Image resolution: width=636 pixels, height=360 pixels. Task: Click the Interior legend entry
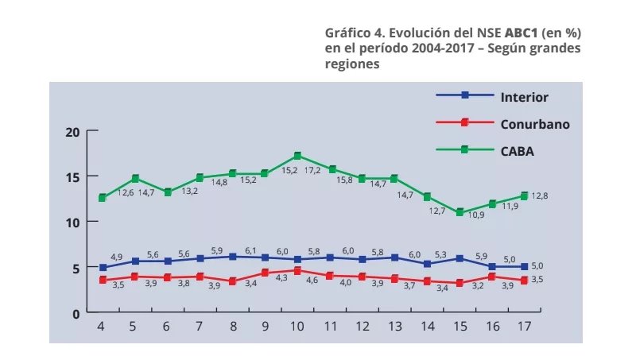click(524, 97)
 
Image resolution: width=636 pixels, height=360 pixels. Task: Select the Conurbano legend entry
click(535, 123)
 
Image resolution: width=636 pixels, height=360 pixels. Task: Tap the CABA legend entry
click(517, 149)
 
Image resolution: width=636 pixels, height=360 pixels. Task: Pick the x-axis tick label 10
click(297, 327)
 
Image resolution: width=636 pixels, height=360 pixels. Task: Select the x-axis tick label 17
click(523, 327)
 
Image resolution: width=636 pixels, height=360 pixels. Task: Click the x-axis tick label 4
click(102, 327)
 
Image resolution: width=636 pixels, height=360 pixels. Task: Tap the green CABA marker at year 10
click(297, 156)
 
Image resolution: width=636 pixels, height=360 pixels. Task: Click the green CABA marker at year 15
click(459, 212)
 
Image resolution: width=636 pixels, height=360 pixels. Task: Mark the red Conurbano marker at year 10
click(297, 271)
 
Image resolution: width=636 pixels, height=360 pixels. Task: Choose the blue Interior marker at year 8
click(232, 257)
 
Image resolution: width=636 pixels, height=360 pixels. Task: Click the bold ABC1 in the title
click(521, 33)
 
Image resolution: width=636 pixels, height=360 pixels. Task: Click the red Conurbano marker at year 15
click(459, 283)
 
